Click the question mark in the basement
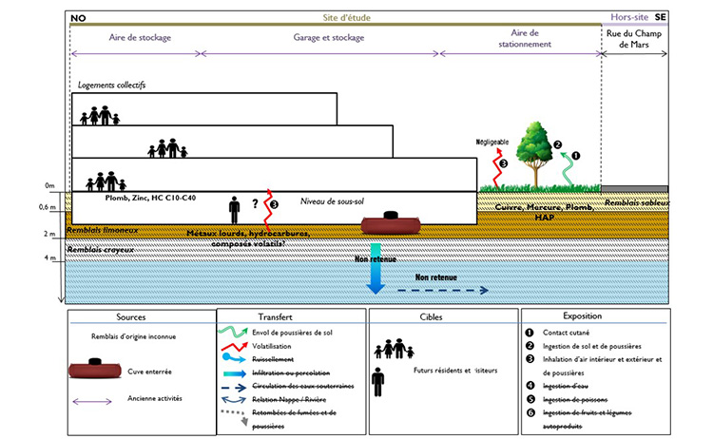(255, 202)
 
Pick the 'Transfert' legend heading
(292, 317)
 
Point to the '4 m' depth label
(49, 258)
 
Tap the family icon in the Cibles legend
(394, 350)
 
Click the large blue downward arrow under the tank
(375, 277)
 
